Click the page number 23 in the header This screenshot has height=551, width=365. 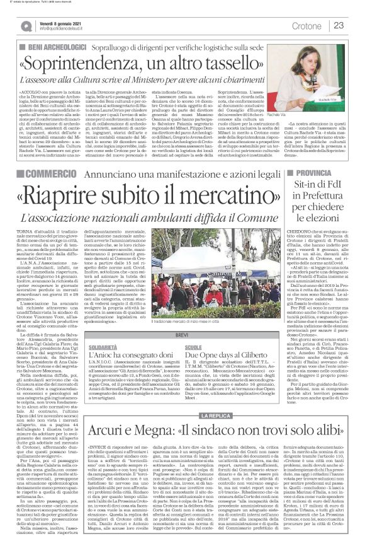tap(338, 25)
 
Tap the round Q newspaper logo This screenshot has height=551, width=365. tap(26, 26)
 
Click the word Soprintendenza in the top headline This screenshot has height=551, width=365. tap(95, 64)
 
